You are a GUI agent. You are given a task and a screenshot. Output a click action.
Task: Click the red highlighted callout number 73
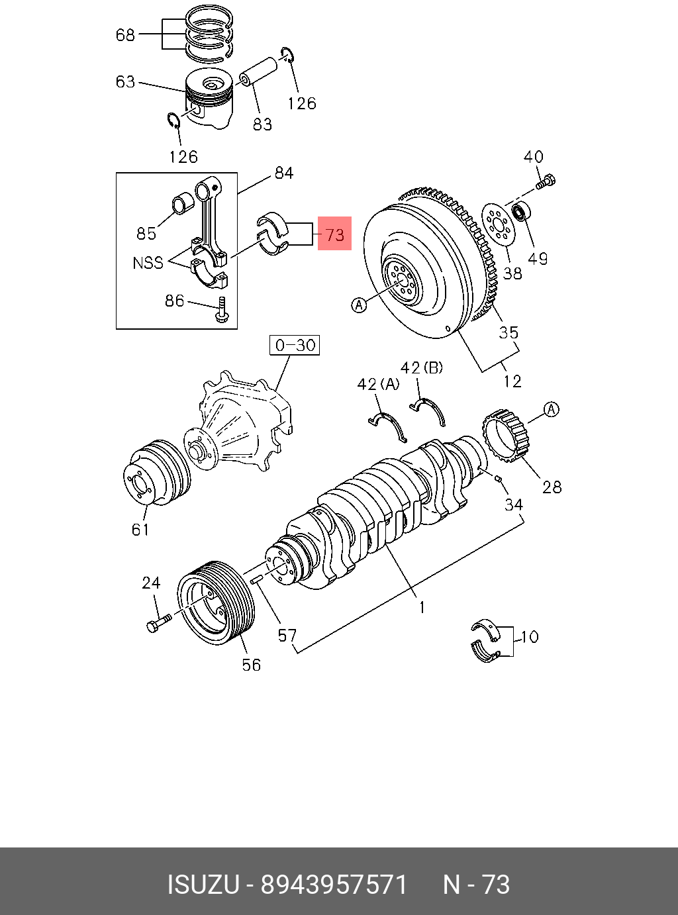click(x=335, y=234)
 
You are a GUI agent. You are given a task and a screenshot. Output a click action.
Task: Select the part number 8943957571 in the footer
click(x=334, y=885)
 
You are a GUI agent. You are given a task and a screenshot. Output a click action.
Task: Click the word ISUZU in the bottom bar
click(x=203, y=885)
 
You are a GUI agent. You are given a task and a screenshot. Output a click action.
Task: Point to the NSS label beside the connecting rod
click(x=148, y=263)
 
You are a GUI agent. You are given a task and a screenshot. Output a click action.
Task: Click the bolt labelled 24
click(x=157, y=623)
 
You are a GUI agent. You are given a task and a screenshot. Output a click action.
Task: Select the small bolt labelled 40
click(x=546, y=181)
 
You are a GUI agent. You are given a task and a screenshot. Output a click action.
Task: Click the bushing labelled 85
click(x=182, y=204)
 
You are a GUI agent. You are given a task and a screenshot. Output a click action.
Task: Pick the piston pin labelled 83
click(x=258, y=72)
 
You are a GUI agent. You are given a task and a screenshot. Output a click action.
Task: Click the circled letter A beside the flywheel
click(x=358, y=305)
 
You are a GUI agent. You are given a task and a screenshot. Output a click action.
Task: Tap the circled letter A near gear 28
click(x=552, y=409)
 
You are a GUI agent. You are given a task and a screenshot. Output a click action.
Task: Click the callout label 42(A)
click(x=378, y=385)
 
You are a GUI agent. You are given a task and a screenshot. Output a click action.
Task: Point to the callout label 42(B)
click(x=422, y=367)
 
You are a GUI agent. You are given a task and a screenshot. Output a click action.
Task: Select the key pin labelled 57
click(x=258, y=579)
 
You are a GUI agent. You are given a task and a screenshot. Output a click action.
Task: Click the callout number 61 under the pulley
click(x=140, y=529)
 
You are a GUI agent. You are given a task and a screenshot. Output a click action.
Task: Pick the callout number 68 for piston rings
click(x=125, y=34)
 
